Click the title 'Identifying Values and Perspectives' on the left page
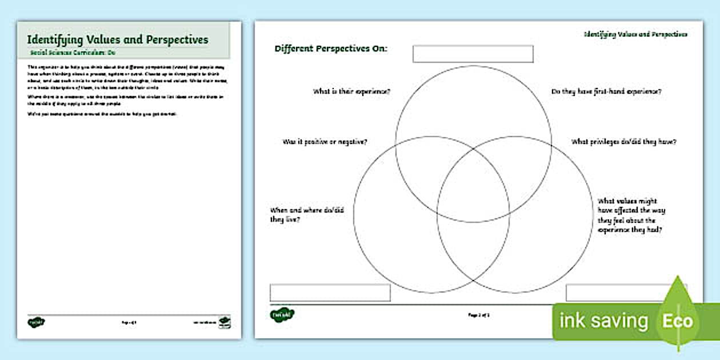click(x=118, y=40)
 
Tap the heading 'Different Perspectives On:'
click(x=331, y=49)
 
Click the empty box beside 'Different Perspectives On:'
click(x=473, y=54)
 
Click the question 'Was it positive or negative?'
click(x=325, y=141)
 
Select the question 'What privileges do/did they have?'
click(x=624, y=142)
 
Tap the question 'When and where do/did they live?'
click(x=307, y=214)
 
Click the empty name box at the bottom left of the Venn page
click(x=330, y=293)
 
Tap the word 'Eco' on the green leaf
click(x=678, y=321)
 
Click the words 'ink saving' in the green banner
click(x=603, y=321)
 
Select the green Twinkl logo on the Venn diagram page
click(x=282, y=314)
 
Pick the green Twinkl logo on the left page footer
click(x=37, y=323)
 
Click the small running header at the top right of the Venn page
click(x=635, y=34)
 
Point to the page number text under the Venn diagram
click(x=479, y=315)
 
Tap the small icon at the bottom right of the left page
click(x=225, y=322)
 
